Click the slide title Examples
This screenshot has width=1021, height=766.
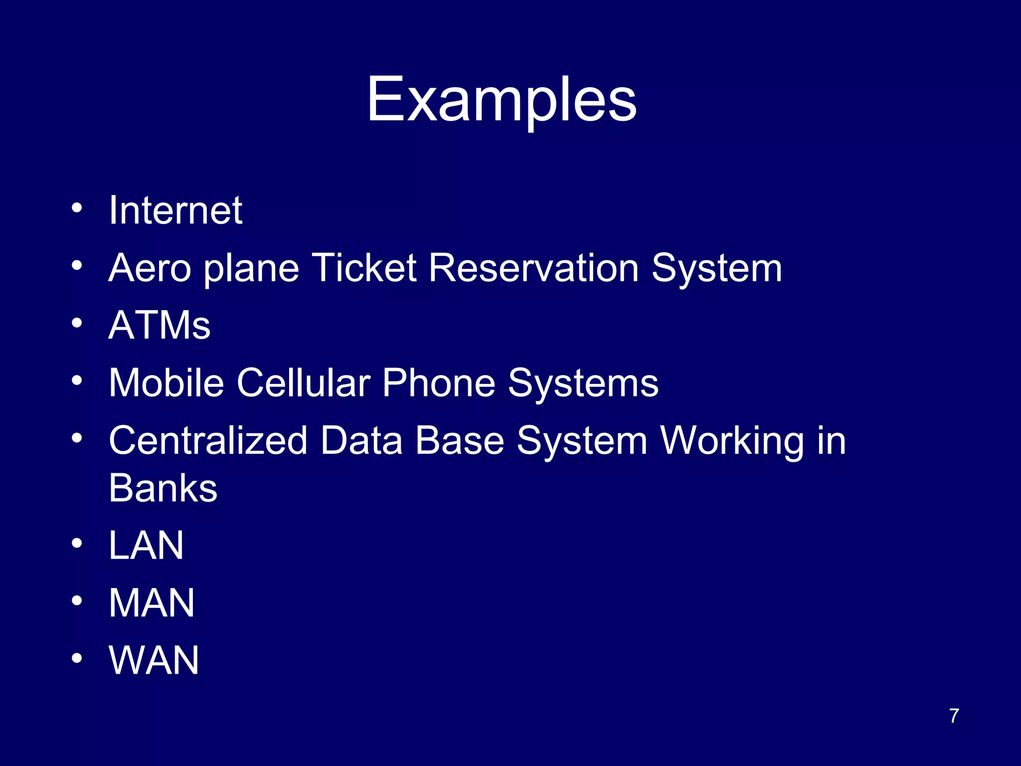point(502,100)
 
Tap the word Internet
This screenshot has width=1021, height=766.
point(175,210)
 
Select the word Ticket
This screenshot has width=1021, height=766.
point(364,268)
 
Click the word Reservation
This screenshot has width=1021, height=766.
point(533,268)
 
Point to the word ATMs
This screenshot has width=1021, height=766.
point(160,326)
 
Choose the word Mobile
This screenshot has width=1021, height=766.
point(167,383)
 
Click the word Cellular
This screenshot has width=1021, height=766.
point(303,383)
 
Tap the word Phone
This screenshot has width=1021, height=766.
point(439,383)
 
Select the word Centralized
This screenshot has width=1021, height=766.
point(208,441)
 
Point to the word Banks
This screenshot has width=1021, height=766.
point(163,488)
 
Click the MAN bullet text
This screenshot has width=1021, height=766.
point(152,603)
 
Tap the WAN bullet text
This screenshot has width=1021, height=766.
point(154,660)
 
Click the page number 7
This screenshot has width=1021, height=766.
point(954,716)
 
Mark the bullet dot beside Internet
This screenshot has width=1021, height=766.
point(76,207)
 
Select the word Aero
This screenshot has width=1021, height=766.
point(150,268)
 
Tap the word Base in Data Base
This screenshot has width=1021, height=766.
point(460,441)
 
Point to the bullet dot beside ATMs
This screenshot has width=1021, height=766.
point(76,323)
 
